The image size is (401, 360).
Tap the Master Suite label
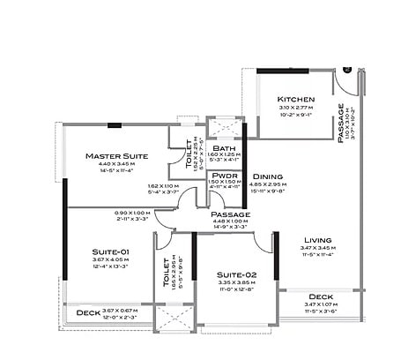pos(116,155)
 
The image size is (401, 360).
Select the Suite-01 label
pos(110,251)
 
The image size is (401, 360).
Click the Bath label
pos(223,148)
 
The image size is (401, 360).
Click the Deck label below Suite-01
pos(87,313)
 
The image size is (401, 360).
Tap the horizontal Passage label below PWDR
pos(230,214)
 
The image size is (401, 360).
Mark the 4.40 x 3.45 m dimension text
pos(116,164)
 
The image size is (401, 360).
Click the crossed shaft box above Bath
pos(222,126)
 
